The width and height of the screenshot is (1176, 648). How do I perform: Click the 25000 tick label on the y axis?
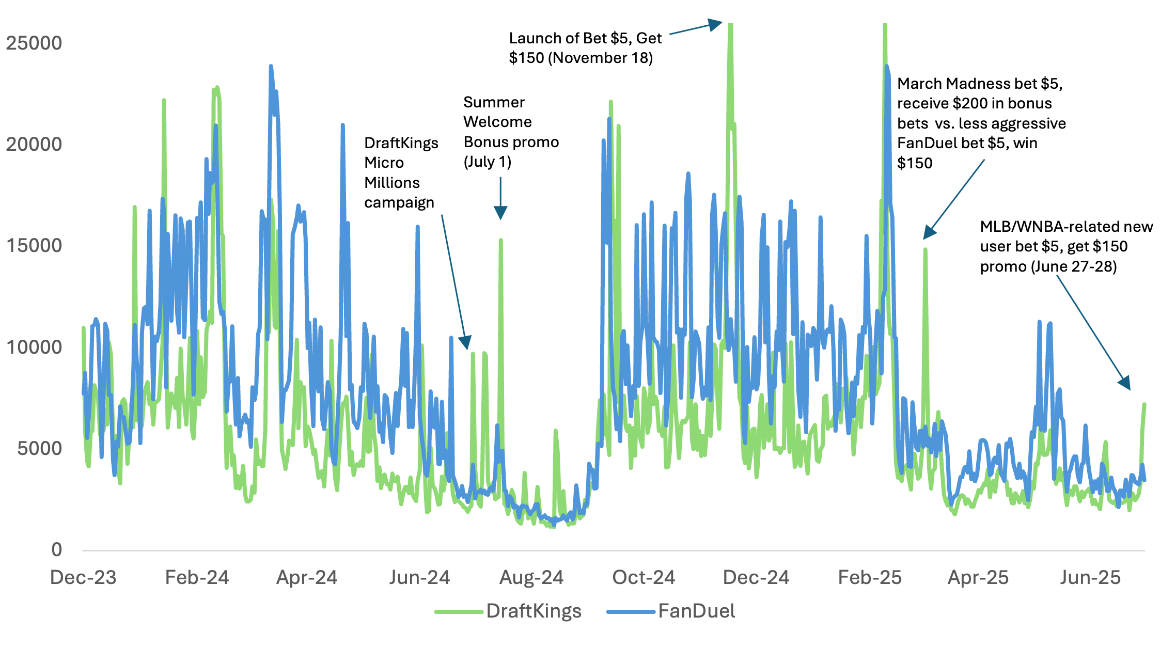click(34, 43)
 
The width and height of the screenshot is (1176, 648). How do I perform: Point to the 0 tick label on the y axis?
click(57, 549)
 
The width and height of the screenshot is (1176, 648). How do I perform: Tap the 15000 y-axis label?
click(34, 246)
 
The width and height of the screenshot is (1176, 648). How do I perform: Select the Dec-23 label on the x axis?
click(83, 577)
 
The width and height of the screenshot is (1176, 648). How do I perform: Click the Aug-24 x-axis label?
click(531, 577)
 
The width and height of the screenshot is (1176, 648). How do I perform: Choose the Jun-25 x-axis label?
click(1090, 577)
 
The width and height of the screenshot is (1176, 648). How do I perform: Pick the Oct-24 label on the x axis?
click(644, 577)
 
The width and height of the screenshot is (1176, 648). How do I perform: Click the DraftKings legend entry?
click(534, 611)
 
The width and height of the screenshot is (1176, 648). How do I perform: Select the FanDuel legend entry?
click(696, 611)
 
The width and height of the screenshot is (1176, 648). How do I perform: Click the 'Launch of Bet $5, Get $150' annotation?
click(585, 48)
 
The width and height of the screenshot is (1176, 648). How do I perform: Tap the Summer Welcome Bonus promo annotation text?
click(510, 132)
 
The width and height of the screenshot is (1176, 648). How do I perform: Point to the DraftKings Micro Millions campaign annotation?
click(401, 172)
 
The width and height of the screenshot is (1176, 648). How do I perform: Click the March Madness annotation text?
click(981, 123)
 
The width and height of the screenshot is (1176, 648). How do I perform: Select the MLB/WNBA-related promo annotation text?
click(1066, 246)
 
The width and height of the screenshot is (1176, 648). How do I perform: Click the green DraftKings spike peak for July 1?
click(500, 240)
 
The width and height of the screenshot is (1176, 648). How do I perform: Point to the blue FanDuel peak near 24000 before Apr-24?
click(271, 67)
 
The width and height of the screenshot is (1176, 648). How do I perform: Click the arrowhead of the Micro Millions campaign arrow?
click(466, 343)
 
